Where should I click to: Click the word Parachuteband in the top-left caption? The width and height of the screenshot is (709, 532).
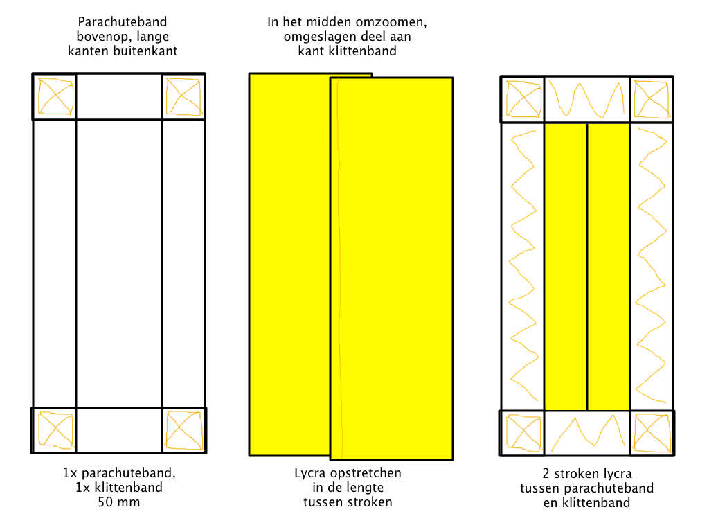[123, 21]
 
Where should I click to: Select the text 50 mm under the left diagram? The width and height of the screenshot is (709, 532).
[119, 502]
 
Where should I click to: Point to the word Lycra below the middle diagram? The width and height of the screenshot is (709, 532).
[311, 473]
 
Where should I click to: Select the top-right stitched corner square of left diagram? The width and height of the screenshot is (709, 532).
[183, 96]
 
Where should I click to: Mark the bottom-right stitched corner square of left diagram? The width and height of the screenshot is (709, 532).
[184, 430]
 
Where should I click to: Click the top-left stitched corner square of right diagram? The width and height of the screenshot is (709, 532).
[523, 99]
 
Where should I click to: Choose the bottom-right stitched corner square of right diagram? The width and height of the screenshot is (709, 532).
[652, 433]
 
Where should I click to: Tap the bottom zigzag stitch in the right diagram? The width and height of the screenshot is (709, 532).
[587, 433]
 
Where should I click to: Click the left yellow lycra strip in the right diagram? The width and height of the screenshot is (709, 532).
[566, 267]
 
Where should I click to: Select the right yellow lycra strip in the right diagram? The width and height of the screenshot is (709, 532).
[609, 267]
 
